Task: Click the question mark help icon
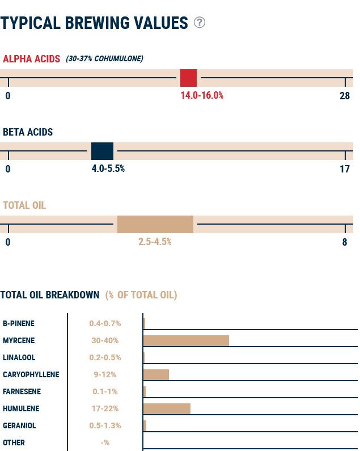pos(200,22)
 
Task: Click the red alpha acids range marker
pos(188,78)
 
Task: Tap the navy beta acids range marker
pos(102,151)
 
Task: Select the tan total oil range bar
pos(155,224)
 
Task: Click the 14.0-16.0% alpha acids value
pos(202,95)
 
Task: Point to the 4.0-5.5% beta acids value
pos(108,168)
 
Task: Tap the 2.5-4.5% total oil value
pos(155,242)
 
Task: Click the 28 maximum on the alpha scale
pos(345,96)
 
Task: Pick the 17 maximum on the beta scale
pos(345,169)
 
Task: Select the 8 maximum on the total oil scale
pos(345,242)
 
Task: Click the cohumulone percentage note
pos(104,58)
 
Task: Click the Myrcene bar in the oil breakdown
pos(186,340)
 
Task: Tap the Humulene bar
pos(167,408)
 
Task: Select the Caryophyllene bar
pos(156,374)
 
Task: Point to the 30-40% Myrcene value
pos(105,340)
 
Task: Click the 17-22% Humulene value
pos(105,408)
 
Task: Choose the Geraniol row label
pos(19,425)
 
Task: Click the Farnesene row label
pos(22,391)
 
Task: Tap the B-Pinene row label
pos(19,323)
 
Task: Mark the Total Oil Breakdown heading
pos(50,295)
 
